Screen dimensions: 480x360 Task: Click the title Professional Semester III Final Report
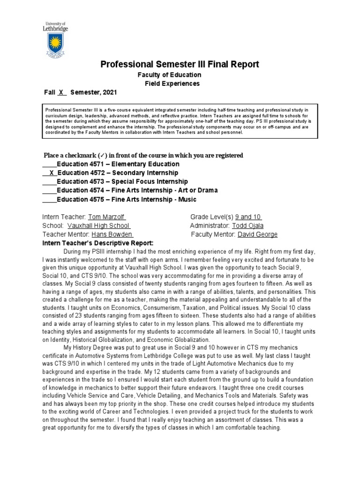(x=180, y=64)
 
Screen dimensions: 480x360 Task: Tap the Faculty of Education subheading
(x=169, y=75)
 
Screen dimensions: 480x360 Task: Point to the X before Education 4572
(x=51, y=173)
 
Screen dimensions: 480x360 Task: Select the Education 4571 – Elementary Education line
(x=118, y=164)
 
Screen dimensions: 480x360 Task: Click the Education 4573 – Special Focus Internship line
(x=122, y=181)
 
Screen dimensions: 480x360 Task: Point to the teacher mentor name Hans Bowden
(x=112, y=234)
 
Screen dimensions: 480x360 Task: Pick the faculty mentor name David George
(x=257, y=234)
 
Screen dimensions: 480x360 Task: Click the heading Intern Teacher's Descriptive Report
(x=97, y=243)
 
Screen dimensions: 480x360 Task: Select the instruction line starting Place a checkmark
(x=143, y=155)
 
